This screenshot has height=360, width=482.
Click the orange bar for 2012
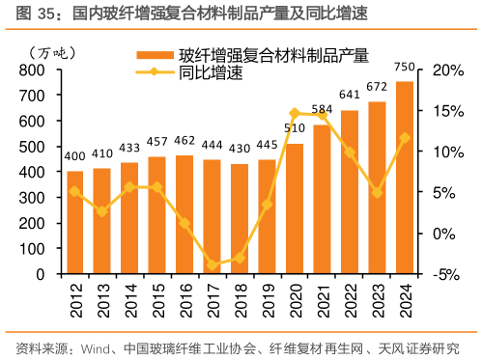(74, 222)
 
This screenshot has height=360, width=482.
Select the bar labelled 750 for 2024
(405, 178)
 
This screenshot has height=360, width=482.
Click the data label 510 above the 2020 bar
(295, 128)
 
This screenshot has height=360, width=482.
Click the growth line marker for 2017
(213, 265)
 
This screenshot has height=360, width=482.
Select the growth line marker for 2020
(295, 114)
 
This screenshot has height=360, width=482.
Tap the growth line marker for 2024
(405, 138)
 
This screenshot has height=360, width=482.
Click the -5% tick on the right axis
(448, 274)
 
